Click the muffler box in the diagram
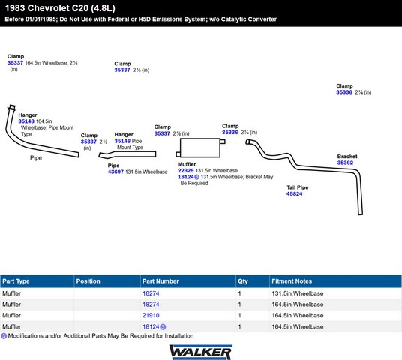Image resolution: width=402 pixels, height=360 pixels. (x=200, y=148)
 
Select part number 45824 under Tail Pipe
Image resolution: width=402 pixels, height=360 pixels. (x=294, y=193)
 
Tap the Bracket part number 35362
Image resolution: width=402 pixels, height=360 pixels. (x=345, y=163)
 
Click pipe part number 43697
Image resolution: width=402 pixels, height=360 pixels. (x=115, y=172)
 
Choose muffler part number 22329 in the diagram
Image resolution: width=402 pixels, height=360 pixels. (x=185, y=170)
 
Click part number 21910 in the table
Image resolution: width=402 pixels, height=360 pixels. (x=151, y=315)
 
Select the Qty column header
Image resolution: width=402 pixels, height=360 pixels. (x=243, y=281)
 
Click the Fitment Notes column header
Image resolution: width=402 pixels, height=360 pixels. (x=292, y=281)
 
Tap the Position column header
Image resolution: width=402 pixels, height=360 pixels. (x=88, y=281)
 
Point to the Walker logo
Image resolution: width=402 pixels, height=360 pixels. (x=201, y=352)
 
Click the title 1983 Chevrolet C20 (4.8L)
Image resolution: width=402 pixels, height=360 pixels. (x=60, y=8)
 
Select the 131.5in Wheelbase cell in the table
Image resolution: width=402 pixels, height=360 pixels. (x=298, y=293)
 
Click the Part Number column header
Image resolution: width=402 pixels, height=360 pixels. (x=160, y=281)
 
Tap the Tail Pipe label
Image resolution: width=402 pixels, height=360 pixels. (x=298, y=187)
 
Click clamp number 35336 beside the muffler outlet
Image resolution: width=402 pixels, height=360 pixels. (x=230, y=132)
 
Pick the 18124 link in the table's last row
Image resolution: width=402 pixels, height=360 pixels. (x=151, y=326)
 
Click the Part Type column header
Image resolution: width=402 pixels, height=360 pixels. (x=16, y=281)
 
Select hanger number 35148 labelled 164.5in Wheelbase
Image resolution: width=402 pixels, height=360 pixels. (x=26, y=121)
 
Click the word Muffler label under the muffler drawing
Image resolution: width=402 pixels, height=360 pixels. (x=187, y=164)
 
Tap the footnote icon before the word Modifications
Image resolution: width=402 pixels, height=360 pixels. (x=4, y=336)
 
